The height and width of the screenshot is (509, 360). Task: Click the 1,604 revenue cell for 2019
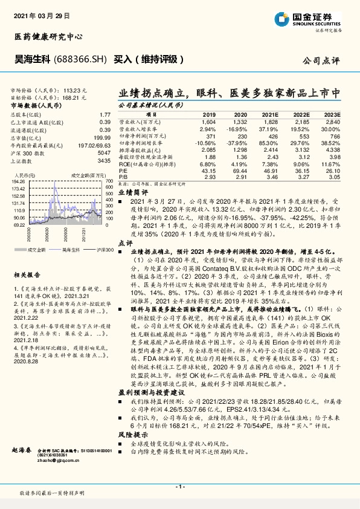coord(207,122)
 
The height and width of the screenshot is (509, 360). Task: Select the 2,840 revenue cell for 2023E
coord(333,122)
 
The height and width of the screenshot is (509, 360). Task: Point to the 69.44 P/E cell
coord(240,171)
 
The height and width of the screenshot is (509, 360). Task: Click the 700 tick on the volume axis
coord(109,180)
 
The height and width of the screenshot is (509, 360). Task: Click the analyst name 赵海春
coord(22,451)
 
